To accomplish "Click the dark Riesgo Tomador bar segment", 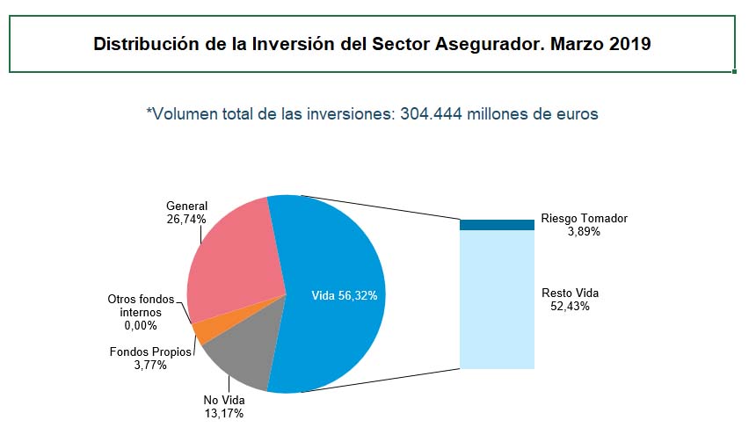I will (x=497, y=225).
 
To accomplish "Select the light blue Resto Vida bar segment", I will (x=497, y=299).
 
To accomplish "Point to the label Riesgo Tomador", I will (x=585, y=218).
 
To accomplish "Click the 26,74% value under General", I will (x=186, y=219).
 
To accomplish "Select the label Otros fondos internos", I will (x=142, y=306).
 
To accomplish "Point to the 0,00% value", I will (x=140, y=325).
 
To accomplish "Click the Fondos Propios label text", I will (x=149, y=352).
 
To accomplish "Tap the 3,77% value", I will (x=149, y=366).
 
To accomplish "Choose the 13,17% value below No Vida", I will (x=222, y=413).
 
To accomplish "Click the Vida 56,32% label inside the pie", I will (x=345, y=296).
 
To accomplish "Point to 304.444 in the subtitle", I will (x=433, y=114).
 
